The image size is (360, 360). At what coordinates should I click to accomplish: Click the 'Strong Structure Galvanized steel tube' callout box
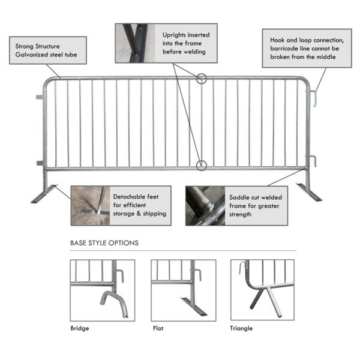(x=48, y=50)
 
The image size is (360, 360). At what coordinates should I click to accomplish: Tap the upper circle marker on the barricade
(x=202, y=79)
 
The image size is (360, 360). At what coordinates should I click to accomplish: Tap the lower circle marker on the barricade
(x=202, y=164)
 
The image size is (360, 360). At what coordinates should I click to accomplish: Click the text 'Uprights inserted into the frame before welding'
(x=186, y=43)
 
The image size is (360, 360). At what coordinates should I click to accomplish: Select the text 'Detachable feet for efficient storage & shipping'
(x=139, y=205)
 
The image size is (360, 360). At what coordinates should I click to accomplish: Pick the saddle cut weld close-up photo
(x=205, y=205)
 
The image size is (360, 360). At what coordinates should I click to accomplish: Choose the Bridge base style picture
(x=102, y=290)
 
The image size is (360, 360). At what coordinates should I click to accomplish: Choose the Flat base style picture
(x=183, y=290)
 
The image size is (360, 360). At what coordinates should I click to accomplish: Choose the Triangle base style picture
(x=263, y=290)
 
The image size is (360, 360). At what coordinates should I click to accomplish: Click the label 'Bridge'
(x=80, y=328)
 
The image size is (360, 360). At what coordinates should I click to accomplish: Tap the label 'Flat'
(x=157, y=328)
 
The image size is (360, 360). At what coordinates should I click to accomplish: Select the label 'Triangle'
(x=241, y=328)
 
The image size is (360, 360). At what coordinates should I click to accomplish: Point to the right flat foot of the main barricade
(x=313, y=193)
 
